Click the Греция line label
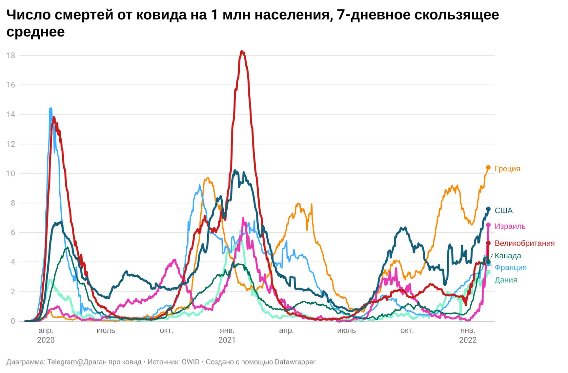(507, 169)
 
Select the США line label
(503, 210)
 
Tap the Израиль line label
(510, 226)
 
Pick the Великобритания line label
(524, 243)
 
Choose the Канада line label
(508, 256)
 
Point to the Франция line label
(510, 268)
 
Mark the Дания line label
(506, 280)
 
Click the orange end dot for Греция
(488, 168)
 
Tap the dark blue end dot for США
(488, 209)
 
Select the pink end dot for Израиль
(488, 225)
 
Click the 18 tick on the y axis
(11, 55)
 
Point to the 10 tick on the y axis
(11, 174)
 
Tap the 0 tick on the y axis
(13, 321)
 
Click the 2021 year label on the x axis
(227, 340)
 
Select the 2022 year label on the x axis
(468, 340)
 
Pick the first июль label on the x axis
(106, 330)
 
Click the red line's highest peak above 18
(242, 51)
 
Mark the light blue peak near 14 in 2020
(51, 108)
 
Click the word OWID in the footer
(191, 362)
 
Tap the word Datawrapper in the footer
(295, 362)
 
